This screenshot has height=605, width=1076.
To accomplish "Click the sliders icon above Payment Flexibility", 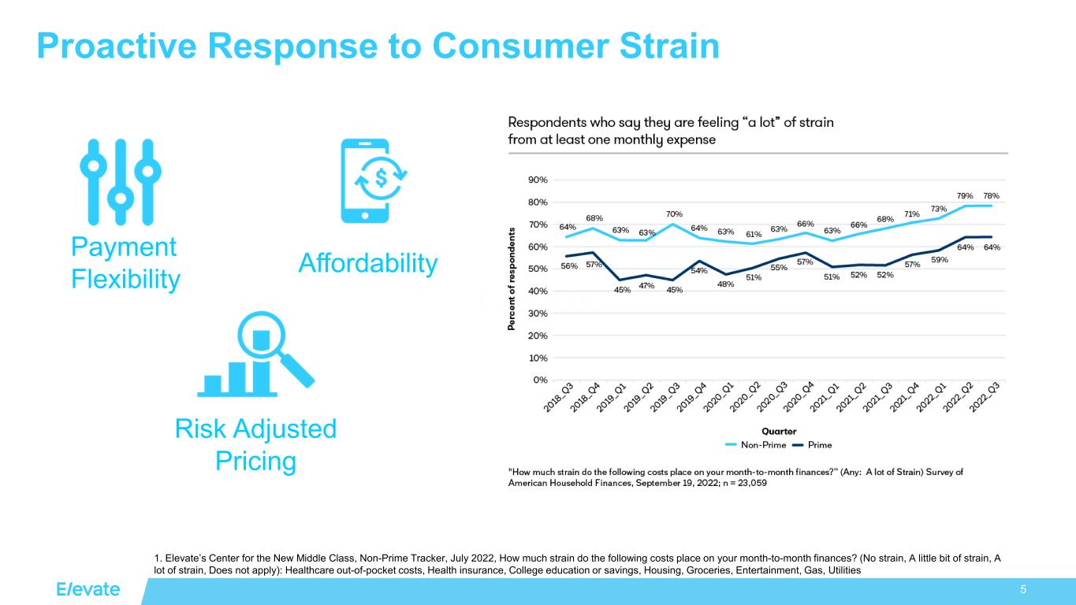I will tap(120, 182).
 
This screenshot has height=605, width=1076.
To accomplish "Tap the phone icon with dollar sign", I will tap(375, 181).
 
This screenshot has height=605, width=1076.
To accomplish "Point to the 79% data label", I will tap(964, 195).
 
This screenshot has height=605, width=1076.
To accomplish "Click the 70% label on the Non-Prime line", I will tap(674, 214).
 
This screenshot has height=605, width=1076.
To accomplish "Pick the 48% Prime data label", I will tap(725, 284).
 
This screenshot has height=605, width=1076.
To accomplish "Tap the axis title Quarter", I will tap(779, 431).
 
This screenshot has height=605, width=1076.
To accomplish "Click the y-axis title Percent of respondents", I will tap(512, 280).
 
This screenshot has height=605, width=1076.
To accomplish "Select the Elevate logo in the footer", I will tap(87, 590).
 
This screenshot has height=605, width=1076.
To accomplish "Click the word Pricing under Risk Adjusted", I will tap(256, 461).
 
